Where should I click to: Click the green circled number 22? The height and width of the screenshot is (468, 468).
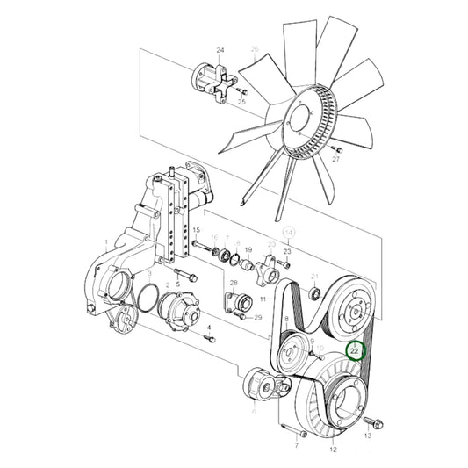[x=355, y=351]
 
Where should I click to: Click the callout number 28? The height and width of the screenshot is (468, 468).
[x=233, y=283]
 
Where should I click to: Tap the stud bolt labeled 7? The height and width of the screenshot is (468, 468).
[x=301, y=432]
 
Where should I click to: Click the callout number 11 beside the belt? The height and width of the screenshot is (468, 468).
[x=262, y=299]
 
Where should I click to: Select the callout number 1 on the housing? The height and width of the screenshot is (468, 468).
[x=105, y=242]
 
